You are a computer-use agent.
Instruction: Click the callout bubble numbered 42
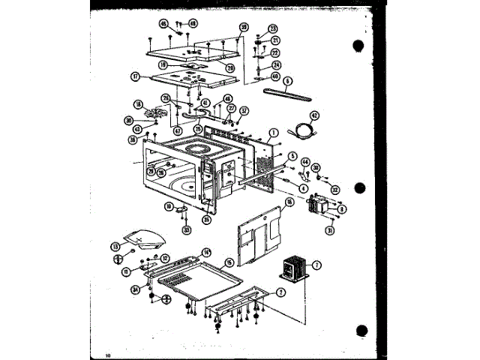click(314, 115)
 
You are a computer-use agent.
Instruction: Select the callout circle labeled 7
click(316, 265)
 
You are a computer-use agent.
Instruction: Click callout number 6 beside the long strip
click(289, 81)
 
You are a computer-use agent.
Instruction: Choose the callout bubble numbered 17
click(135, 76)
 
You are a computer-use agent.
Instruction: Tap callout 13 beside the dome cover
click(115, 246)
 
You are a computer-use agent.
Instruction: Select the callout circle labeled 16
click(289, 202)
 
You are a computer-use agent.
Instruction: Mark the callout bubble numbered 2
click(280, 292)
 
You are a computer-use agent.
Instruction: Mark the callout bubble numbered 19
click(163, 64)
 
